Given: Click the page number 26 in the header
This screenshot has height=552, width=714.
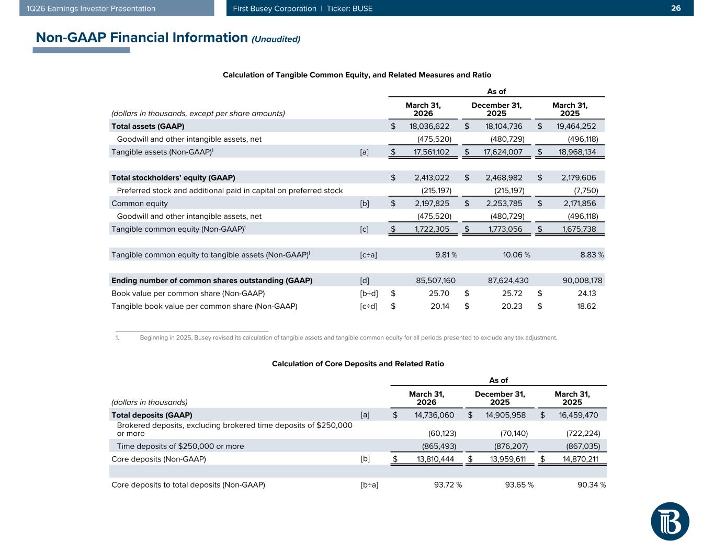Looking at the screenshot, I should [x=676, y=8].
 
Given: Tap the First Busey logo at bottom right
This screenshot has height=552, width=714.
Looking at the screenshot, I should [x=670, y=521].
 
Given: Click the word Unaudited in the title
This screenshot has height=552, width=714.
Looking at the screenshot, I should [x=276, y=39].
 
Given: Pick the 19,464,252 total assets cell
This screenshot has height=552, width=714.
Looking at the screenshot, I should [x=574, y=126].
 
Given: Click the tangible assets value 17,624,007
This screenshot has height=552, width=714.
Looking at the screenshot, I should [x=501, y=152].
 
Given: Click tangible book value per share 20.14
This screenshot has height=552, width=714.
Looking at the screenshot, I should [x=439, y=307].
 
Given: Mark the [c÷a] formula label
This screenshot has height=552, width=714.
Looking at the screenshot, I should [x=368, y=255].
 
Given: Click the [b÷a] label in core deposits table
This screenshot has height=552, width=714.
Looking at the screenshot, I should [x=369, y=485].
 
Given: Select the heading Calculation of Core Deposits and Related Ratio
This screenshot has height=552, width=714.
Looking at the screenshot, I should [x=358, y=364].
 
